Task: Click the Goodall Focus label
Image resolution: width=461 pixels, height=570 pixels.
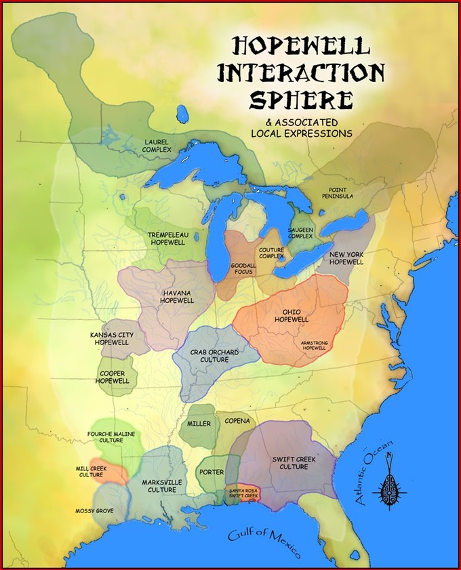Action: (x=242, y=268)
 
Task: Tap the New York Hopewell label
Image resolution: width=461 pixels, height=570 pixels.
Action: (x=348, y=258)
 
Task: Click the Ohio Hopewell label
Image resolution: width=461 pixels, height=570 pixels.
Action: (x=291, y=316)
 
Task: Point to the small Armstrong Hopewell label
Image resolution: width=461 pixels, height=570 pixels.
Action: (x=315, y=346)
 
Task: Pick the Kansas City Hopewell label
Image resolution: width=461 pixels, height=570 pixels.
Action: (x=110, y=339)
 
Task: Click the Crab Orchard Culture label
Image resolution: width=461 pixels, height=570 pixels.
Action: (x=209, y=356)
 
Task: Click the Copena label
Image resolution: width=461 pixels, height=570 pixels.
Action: (x=237, y=421)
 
